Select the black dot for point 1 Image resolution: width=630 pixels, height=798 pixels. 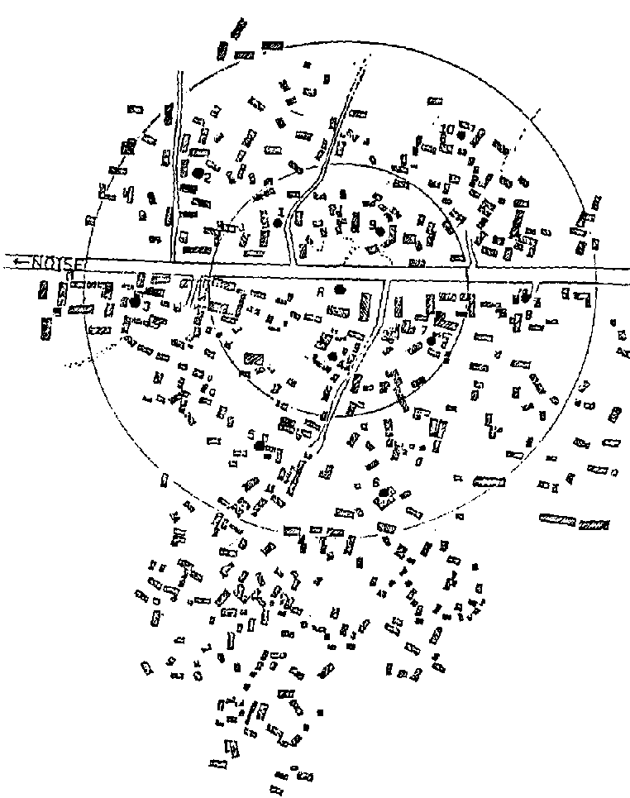click(x=278, y=223)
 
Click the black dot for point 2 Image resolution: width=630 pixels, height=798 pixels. click(x=198, y=173)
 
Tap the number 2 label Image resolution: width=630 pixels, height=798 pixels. click(x=208, y=177)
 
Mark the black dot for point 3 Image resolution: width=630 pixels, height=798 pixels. click(x=135, y=303)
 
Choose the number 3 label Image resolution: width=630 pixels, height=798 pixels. click(x=146, y=304)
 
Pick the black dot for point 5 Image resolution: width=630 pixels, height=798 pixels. click(x=260, y=445)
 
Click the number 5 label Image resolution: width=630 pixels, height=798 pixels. click(x=251, y=435)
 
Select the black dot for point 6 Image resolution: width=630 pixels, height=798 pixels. click(x=383, y=494)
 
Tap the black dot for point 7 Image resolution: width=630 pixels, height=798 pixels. click(x=432, y=339)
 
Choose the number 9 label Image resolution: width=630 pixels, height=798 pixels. click(x=373, y=223)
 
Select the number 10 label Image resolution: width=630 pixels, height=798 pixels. click(x=447, y=128)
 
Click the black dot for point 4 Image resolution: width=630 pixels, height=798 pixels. click(x=332, y=356)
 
